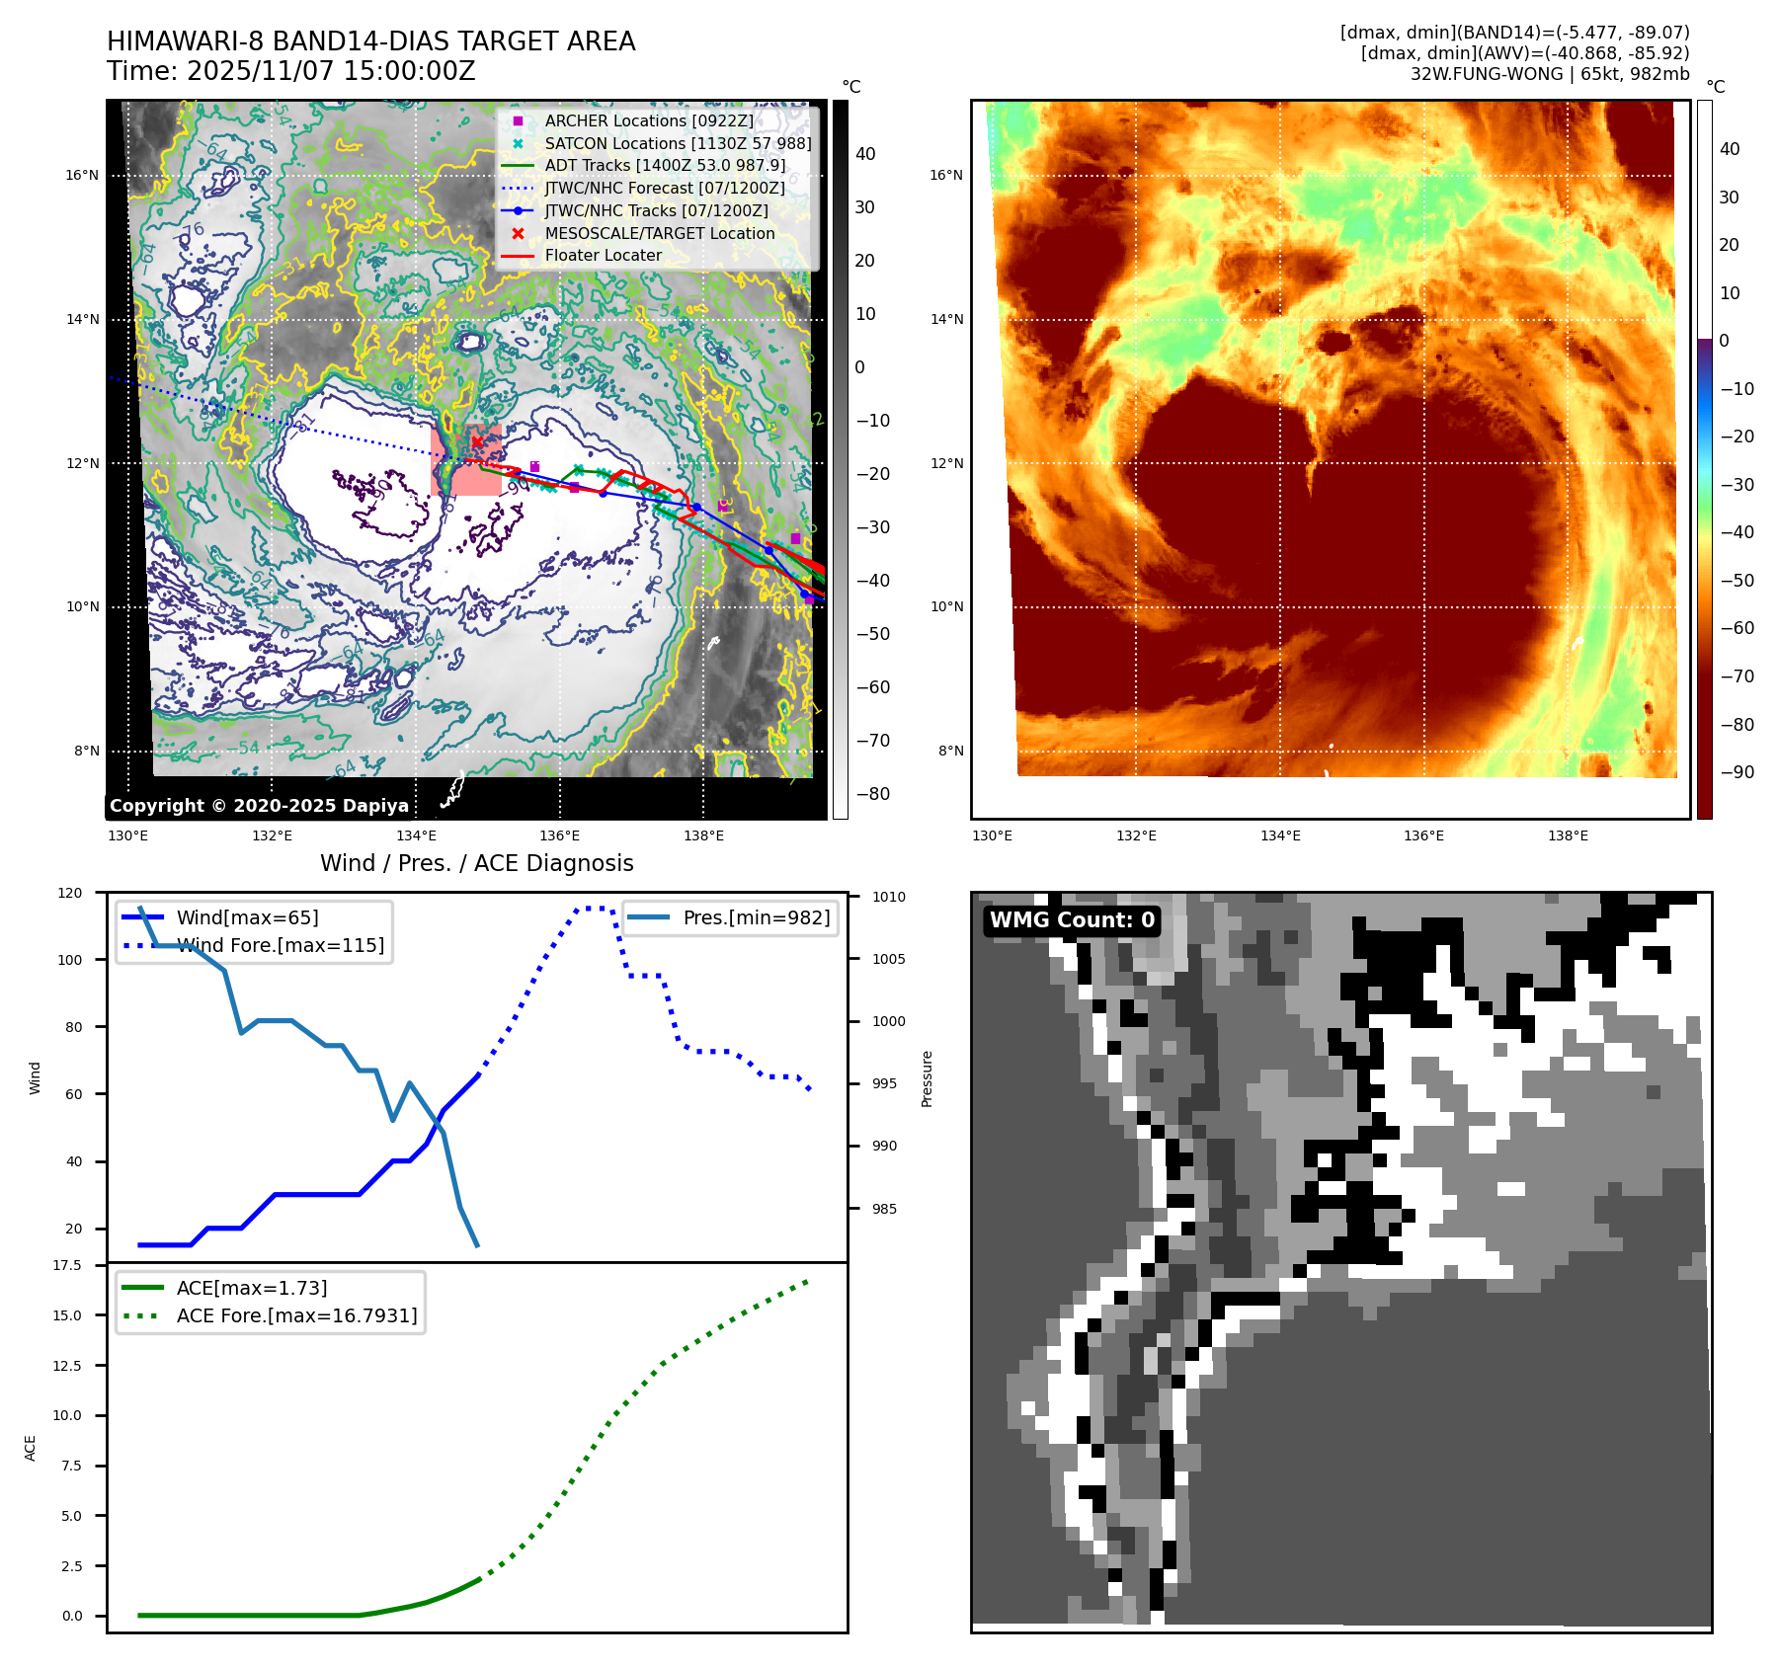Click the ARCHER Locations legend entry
648,120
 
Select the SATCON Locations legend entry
678,143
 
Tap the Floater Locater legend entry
603,255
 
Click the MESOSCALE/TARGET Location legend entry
659,233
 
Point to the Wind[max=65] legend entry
247,917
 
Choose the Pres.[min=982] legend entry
756,917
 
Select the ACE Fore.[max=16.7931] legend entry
296,1315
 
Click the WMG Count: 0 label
1072,920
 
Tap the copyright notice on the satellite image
259,806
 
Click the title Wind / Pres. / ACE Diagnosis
477,863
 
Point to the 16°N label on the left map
82,176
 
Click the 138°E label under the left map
703,835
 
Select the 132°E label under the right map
1136,835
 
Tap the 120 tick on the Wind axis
70,893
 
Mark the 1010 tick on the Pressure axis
888,897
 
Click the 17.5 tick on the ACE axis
67,1265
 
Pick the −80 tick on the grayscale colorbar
873,794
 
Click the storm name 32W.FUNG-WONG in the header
1487,74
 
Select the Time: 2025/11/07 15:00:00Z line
291,71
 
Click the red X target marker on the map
478,441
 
